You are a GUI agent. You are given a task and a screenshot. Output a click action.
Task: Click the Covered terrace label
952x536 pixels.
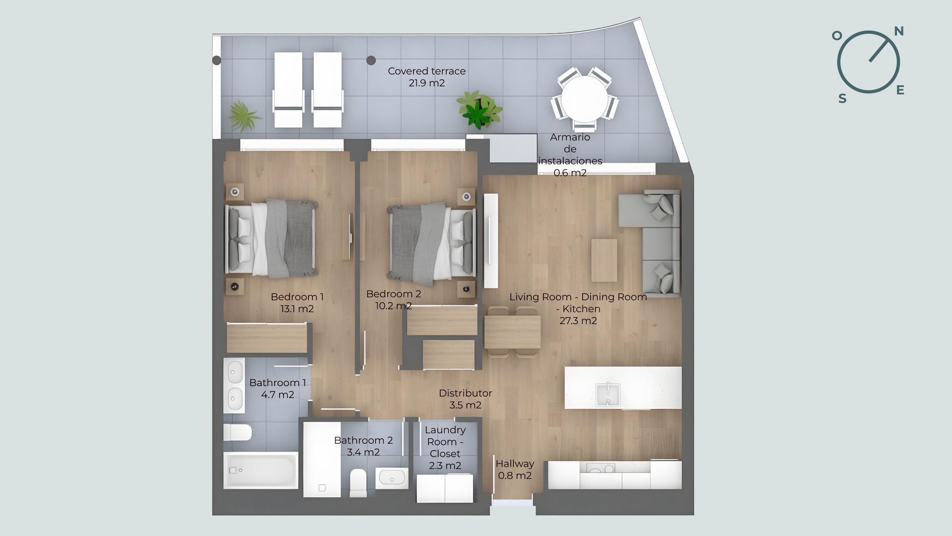pyautogui.click(x=426, y=77)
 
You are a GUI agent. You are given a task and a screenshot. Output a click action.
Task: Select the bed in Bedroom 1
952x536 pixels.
pyautogui.click(x=272, y=238)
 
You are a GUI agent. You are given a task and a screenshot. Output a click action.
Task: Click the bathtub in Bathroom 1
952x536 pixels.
pyautogui.click(x=261, y=470)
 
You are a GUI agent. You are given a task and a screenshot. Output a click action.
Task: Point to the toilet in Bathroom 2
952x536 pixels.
pyautogui.click(x=358, y=483)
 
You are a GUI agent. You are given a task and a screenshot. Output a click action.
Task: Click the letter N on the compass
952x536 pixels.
pyautogui.click(x=898, y=31)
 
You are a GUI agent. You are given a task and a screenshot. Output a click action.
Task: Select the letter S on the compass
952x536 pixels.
pyautogui.click(x=842, y=99)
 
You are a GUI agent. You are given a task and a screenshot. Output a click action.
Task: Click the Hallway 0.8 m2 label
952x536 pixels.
pyautogui.click(x=515, y=469)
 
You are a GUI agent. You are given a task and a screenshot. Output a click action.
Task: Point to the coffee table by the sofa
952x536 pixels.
pyautogui.click(x=604, y=261)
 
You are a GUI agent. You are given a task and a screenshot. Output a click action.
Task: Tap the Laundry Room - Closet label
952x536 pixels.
pyautogui.click(x=445, y=448)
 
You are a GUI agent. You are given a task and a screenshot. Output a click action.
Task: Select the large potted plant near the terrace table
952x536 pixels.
pyautogui.click(x=479, y=109)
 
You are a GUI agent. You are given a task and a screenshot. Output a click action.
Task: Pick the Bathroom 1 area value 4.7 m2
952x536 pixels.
pyautogui.click(x=278, y=395)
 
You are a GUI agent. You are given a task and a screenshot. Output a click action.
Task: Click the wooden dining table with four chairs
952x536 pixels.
pyautogui.click(x=512, y=332)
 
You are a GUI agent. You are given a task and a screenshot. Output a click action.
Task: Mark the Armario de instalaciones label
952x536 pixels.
pyautogui.click(x=570, y=155)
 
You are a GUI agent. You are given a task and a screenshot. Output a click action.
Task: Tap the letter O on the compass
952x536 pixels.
pyautogui.click(x=837, y=36)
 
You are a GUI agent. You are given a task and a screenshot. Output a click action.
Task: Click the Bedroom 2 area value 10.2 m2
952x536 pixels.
pyautogui.click(x=393, y=306)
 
